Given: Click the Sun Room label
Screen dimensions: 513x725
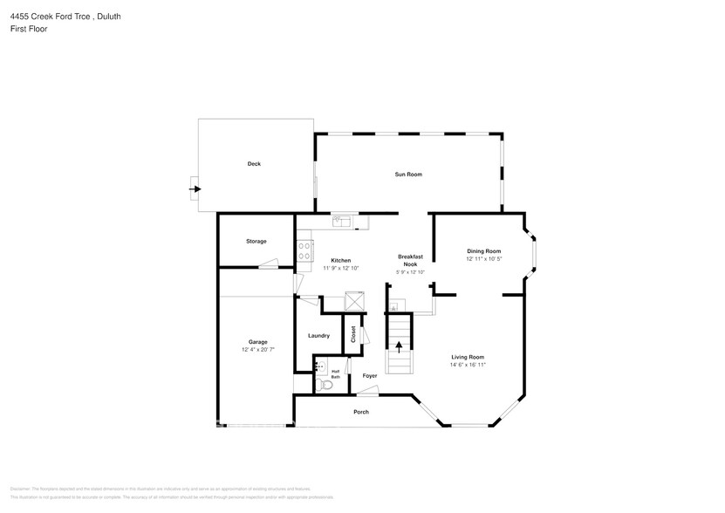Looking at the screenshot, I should pos(408,174).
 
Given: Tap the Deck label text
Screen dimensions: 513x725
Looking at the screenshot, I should pos(254,164).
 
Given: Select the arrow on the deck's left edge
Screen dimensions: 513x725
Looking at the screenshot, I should pos(196,188).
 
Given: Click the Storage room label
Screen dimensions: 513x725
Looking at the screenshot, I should pos(256,242).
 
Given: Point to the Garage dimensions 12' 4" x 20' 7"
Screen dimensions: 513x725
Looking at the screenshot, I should pos(257,349).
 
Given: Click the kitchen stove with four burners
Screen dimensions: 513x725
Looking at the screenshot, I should pos(304,251).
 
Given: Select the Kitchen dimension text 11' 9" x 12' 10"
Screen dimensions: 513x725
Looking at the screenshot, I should pos(340,268).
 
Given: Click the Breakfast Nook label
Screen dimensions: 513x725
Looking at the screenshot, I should pos(410,260).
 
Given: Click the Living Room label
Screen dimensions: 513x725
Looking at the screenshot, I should pos(468,357).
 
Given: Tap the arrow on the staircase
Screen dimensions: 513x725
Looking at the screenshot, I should pos(400,345).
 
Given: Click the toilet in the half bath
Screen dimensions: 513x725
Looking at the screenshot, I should pos(326,383).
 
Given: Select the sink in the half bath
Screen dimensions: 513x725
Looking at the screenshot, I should pos(319,366).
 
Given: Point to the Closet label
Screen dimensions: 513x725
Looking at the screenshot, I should pos(353,334).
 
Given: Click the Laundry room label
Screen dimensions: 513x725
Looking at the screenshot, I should pos(318,336).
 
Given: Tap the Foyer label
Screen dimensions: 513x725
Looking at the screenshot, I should pos(370,376).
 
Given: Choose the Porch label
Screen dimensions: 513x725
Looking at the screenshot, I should pos(361,412).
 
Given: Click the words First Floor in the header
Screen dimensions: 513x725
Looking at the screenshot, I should pos(29,29).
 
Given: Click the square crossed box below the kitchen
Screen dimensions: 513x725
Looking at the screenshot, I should pos(354,301).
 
